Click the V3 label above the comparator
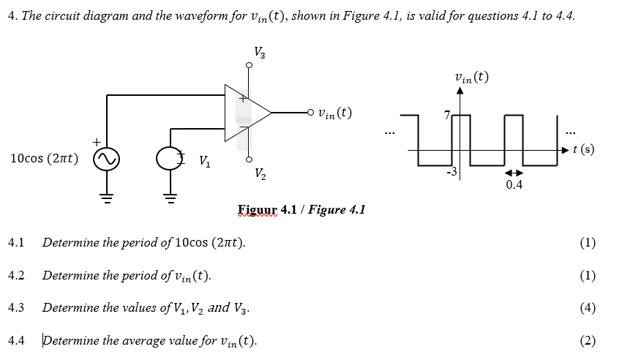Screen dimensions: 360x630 (x=260, y=53)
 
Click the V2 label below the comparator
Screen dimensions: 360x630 (x=260, y=174)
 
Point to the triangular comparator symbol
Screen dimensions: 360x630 (x=245, y=113)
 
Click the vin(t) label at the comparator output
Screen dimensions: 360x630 (x=330, y=113)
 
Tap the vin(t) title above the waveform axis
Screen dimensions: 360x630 (x=471, y=77)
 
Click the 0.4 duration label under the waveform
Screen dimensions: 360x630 (x=514, y=185)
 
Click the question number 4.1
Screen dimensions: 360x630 (x=17, y=243)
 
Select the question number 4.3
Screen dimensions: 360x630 (x=17, y=307)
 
